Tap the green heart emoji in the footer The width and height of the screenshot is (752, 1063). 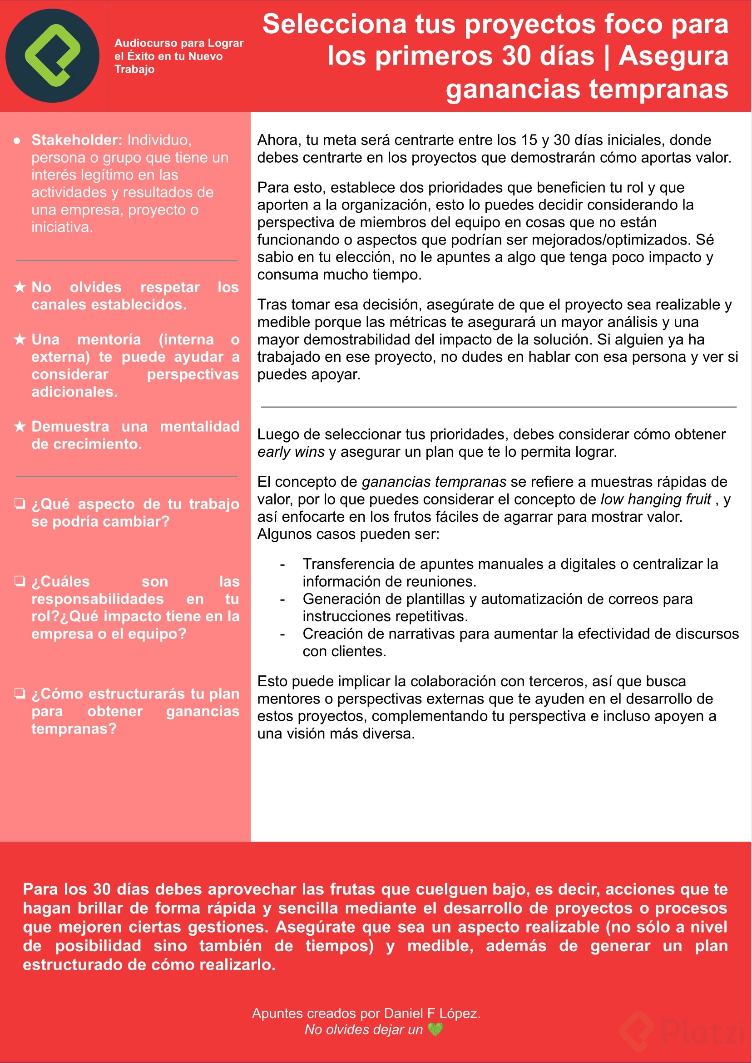tap(435, 1029)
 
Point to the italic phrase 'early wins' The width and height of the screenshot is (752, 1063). tap(291, 452)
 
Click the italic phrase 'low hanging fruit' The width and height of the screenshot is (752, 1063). tap(655, 499)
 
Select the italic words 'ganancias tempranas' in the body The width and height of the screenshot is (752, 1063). tap(434, 482)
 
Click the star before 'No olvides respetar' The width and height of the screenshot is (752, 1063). tap(20, 287)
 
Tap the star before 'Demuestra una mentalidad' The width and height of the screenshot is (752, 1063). tap(20, 426)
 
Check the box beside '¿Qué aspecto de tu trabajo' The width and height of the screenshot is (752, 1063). tap(20, 504)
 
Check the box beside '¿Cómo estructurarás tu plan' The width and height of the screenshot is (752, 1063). tap(20, 693)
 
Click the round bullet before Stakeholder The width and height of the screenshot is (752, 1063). tap(17, 140)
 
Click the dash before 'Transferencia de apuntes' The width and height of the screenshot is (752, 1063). tap(282, 564)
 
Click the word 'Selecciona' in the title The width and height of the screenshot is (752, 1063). tap(334, 24)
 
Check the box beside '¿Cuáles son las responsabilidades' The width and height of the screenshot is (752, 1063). tap(20, 581)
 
